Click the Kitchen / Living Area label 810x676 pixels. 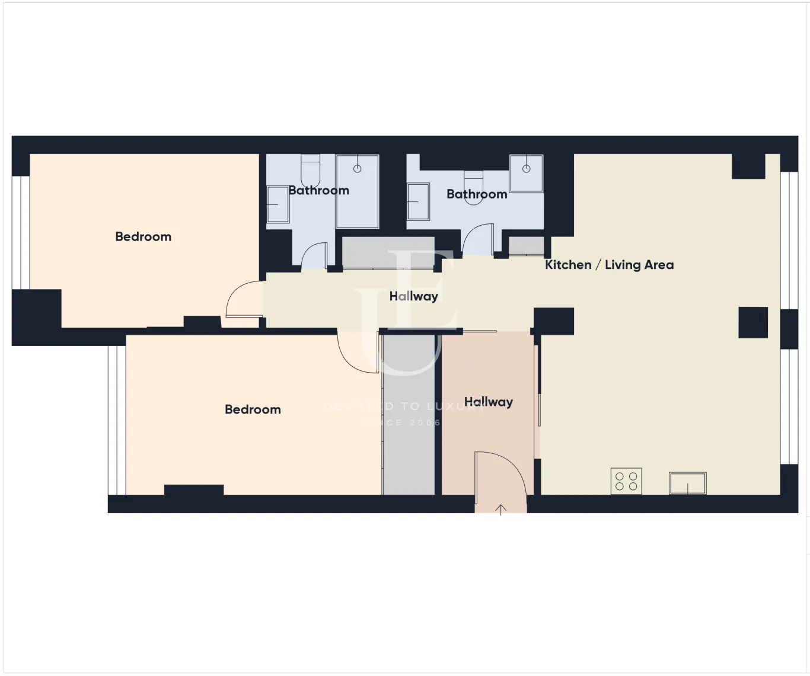[609, 265]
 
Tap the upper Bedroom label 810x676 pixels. [143, 236]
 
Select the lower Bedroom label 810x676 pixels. [253, 409]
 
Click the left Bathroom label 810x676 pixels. [318, 190]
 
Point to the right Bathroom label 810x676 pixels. [477, 194]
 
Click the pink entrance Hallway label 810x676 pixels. [488, 402]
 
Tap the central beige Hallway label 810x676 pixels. [413, 296]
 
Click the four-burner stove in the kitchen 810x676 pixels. [626, 481]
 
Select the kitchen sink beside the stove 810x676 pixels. [688, 483]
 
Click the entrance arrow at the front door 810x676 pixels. [501, 510]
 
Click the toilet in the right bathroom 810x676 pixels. [473, 187]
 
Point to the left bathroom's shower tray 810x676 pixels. [357, 191]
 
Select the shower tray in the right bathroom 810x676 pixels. [526, 173]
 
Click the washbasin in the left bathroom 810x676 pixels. [276, 204]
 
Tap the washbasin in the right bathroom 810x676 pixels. [418, 201]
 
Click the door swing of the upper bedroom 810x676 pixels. [243, 299]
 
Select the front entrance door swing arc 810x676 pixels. [502, 474]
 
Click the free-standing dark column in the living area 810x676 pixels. [753, 322]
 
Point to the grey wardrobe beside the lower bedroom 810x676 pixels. [409, 415]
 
